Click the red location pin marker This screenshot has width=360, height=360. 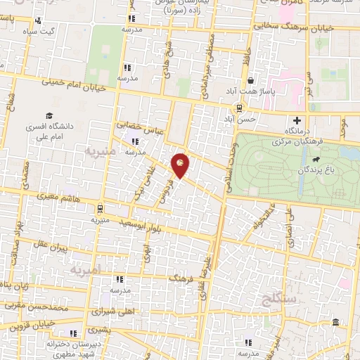pos(181,165)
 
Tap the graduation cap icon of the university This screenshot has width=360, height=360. pos(49,115)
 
